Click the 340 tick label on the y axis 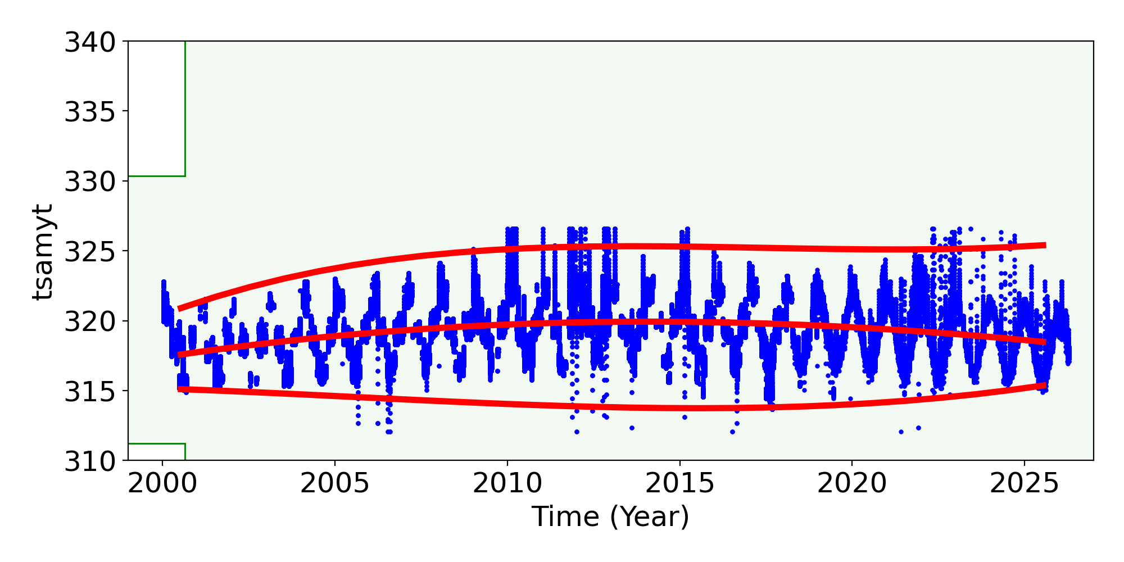point(90,42)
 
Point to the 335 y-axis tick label point(90,111)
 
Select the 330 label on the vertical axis point(90,182)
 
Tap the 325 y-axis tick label point(90,251)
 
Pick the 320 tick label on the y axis point(90,321)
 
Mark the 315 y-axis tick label point(90,391)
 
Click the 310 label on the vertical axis point(90,461)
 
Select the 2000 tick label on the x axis point(162,484)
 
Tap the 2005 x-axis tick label point(335,484)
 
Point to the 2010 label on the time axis point(507,484)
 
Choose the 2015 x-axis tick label point(679,484)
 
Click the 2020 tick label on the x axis point(851,484)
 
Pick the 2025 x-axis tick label point(1024,484)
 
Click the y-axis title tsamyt point(43,251)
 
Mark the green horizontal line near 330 point(157,176)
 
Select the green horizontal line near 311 point(157,444)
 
